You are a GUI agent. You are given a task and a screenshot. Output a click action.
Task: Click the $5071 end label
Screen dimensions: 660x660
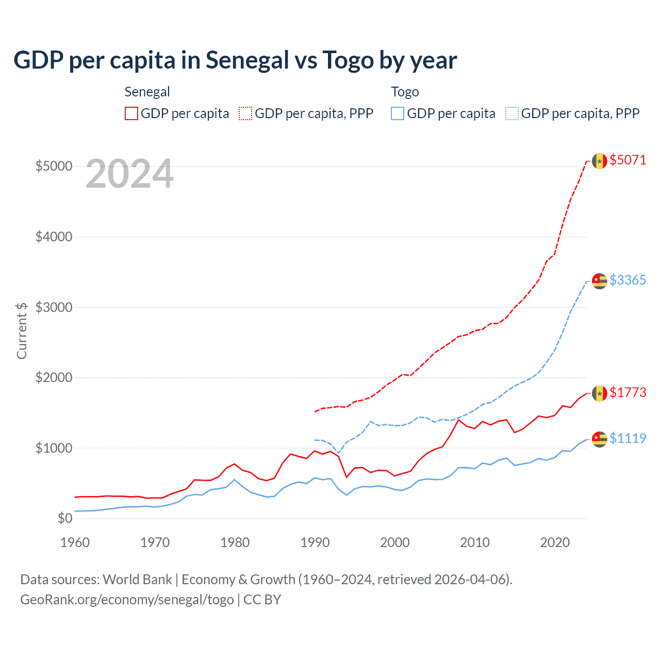(x=628, y=160)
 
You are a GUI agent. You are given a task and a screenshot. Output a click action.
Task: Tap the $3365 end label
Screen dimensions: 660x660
(x=628, y=280)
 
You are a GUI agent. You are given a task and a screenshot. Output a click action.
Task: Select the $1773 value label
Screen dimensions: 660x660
(x=628, y=392)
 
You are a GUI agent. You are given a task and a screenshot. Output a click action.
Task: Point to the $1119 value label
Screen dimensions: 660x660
(x=628, y=438)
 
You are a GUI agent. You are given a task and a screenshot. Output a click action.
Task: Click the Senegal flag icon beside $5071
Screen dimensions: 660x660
(x=599, y=161)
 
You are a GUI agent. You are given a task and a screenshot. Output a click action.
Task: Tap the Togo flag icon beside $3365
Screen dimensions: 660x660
(x=599, y=281)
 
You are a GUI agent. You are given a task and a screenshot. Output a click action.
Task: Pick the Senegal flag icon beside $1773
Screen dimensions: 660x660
(x=599, y=393)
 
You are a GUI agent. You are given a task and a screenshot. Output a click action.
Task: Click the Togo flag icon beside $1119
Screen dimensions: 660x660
(x=599, y=439)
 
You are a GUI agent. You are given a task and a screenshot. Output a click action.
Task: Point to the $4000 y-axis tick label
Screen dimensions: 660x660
(x=54, y=237)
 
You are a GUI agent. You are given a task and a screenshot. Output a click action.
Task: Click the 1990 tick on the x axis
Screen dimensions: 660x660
(x=315, y=542)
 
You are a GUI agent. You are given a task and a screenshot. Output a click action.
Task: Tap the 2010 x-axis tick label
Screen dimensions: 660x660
(x=475, y=542)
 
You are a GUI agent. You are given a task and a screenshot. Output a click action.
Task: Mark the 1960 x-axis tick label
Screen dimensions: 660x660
(x=75, y=542)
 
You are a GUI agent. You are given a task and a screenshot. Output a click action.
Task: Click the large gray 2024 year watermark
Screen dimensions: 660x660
(x=129, y=174)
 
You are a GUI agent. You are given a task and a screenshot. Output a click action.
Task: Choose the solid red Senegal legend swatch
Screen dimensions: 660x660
(x=131, y=113)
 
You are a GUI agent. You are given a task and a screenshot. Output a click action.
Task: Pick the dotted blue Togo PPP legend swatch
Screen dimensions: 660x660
(x=512, y=113)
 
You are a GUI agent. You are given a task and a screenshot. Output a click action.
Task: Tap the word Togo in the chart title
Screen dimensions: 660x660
(x=348, y=60)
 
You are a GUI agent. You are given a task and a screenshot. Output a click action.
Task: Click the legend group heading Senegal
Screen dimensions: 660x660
(x=147, y=92)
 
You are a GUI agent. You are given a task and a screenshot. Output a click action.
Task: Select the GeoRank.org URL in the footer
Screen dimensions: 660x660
(x=127, y=600)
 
